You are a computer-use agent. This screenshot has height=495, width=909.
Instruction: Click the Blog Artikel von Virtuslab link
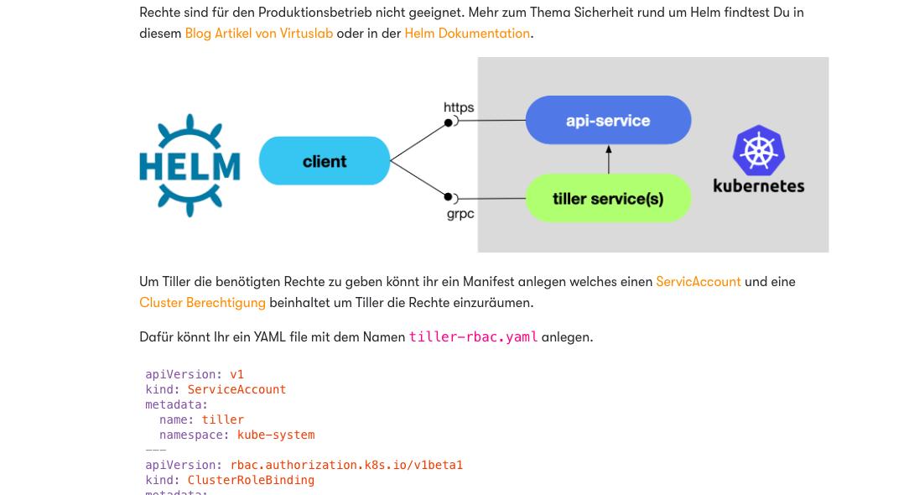[x=258, y=34]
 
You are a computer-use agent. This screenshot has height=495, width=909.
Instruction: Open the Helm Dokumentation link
[x=467, y=34]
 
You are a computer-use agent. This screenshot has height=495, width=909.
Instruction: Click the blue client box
[x=325, y=161]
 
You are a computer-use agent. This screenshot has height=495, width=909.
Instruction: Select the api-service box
[x=608, y=121]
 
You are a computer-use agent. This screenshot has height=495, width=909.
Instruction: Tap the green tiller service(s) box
[x=608, y=199]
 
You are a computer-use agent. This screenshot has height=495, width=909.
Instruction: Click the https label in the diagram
[x=459, y=107]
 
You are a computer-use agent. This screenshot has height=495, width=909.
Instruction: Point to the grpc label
[x=460, y=214]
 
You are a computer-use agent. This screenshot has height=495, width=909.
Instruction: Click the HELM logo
[x=190, y=165]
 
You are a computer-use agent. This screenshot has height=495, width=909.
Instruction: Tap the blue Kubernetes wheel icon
[x=758, y=150]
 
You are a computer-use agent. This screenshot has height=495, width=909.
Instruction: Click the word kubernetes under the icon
[x=758, y=186]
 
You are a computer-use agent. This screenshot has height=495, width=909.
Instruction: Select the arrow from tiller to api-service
[x=609, y=159]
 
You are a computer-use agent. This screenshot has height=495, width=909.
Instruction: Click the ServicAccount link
[x=698, y=282]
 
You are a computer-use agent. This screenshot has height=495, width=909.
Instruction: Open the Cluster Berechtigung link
[x=202, y=303]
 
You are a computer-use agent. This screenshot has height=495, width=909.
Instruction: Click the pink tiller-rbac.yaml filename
[x=473, y=337]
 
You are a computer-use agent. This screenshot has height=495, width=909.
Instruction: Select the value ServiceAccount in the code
[x=236, y=389]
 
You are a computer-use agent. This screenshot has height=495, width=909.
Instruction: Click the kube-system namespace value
[x=276, y=435]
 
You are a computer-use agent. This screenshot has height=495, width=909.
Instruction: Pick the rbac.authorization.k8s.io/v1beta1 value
[x=346, y=465]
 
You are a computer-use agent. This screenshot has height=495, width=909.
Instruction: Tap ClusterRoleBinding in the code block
[x=251, y=480]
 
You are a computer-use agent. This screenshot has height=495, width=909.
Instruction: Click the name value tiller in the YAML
[x=223, y=419]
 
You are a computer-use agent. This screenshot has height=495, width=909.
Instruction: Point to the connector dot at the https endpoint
[x=449, y=122]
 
